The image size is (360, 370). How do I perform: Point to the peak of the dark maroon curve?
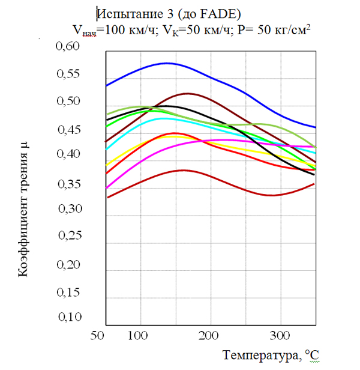pos(187,93)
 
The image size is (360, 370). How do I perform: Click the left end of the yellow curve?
pos(106,165)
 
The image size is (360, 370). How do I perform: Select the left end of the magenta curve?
pos(106,188)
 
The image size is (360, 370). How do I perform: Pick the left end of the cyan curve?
pos(106,150)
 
